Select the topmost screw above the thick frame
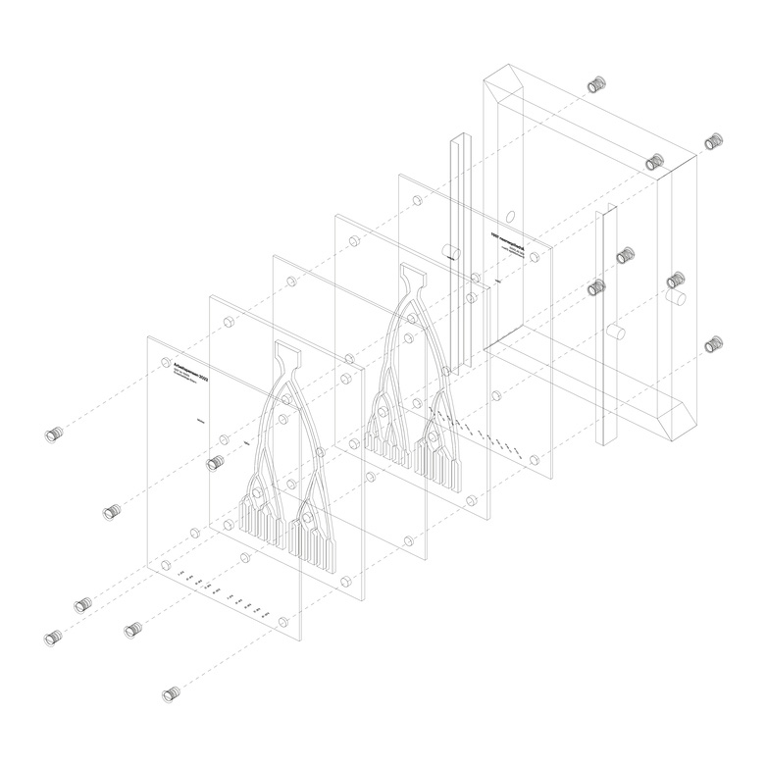(x=594, y=85)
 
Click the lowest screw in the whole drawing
(x=174, y=695)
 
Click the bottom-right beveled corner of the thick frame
(x=677, y=422)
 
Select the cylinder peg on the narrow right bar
(x=616, y=332)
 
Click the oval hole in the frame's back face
(x=511, y=217)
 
